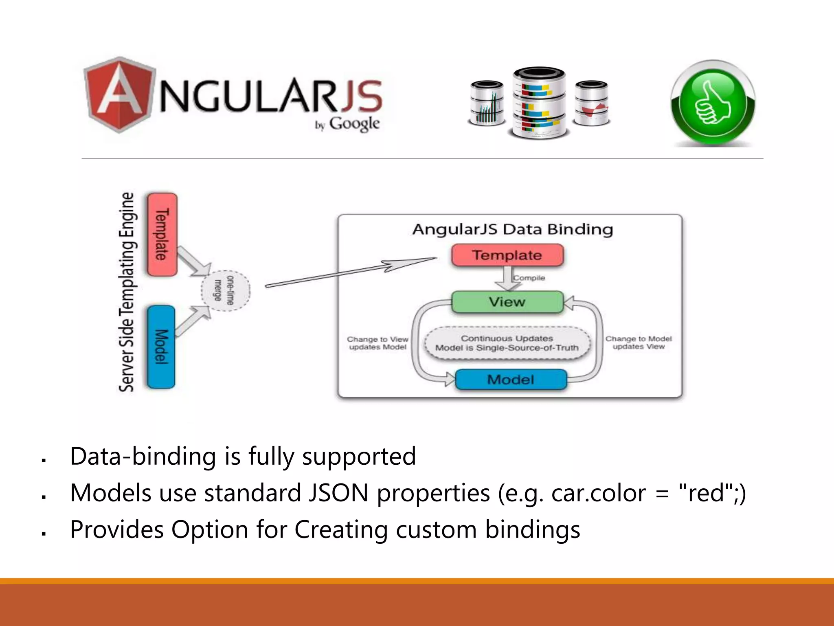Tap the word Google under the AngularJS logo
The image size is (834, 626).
[x=354, y=123]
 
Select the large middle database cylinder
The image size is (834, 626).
[x=539, y=103]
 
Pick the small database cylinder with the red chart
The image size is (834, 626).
[x=592, y=103]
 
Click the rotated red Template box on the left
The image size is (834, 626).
[x=162, y=235]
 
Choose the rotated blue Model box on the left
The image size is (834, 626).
[x=161, y=347]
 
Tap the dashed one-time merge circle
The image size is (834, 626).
[x=226, y=290]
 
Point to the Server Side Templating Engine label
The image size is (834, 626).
[x=127, y=292]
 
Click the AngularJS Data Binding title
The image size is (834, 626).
[x=512, y=229]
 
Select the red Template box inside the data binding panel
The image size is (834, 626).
[x=507, y=255]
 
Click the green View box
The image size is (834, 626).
[x=507, y=302]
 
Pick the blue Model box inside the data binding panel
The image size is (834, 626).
[x=511, y=380]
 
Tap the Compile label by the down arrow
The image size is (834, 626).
[x=529, y=278]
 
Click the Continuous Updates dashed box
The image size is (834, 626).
[x=507, y=343]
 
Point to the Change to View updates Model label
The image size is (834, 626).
[x=377, y=343]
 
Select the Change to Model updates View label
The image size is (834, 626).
[x=639, y=343]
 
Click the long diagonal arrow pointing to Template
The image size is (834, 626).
[x=350, y=272]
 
